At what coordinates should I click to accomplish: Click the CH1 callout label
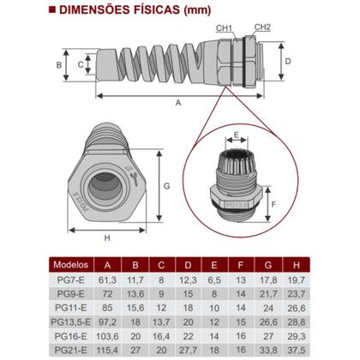(x=225, y=29)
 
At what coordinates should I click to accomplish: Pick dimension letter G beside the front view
(x=167, y=184)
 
